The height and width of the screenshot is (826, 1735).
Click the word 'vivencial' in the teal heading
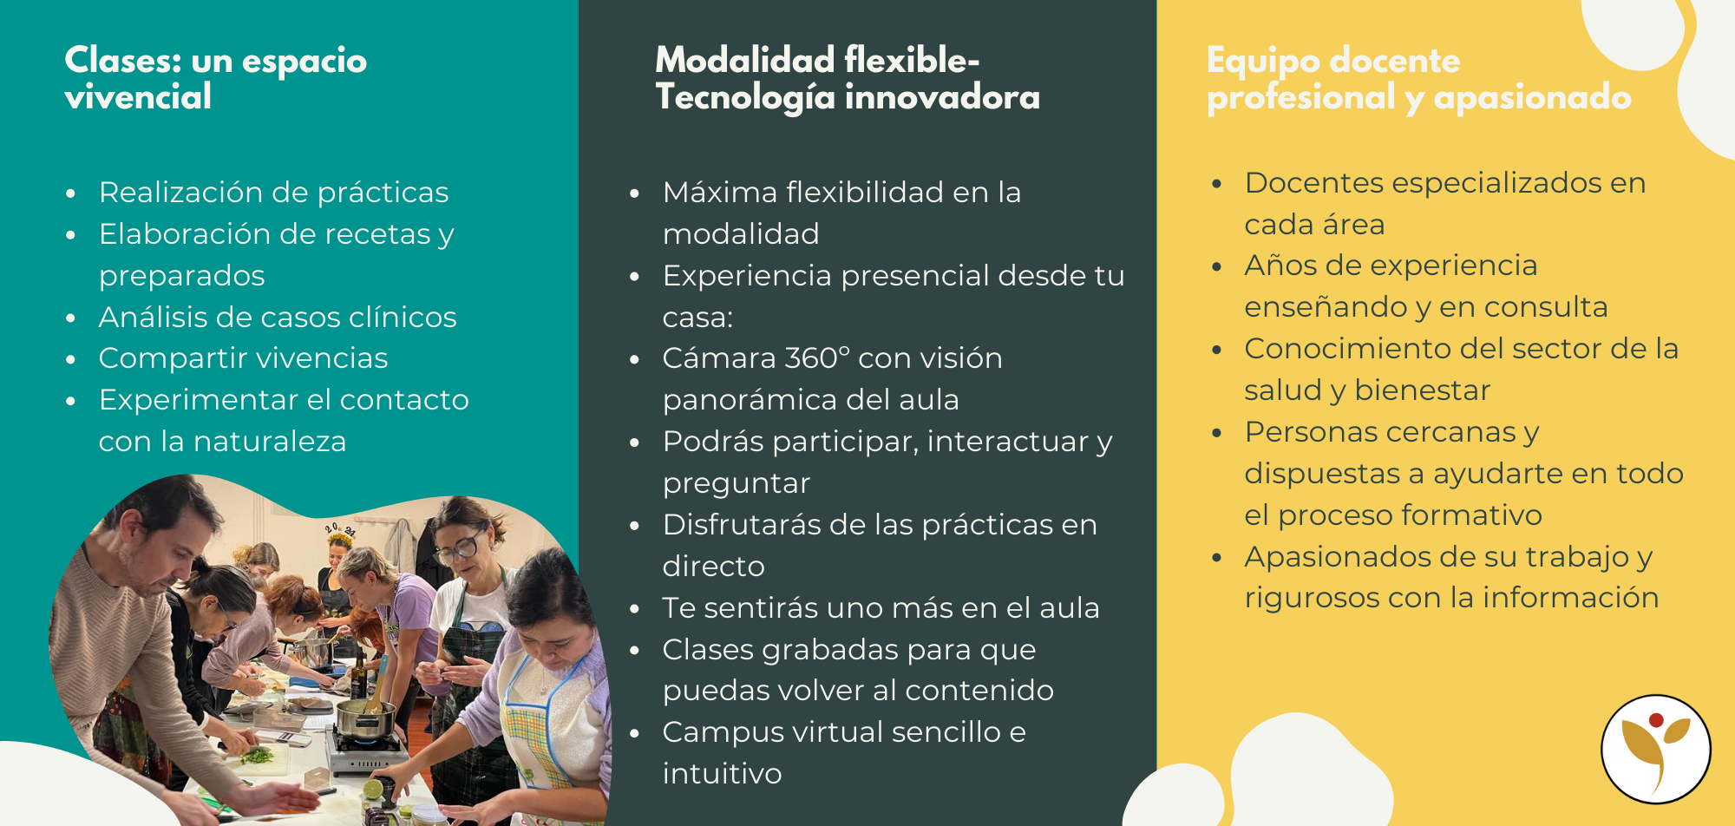pyautogui.click(x=138, y=97)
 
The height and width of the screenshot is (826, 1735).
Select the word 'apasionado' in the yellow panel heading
pyautogui.click(x=1532, y=97)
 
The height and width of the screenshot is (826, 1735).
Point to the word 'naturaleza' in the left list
pyautogui.click(x=270, y=441)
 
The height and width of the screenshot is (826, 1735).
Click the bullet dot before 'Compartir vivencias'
pyautogui.click(x=71, y=359)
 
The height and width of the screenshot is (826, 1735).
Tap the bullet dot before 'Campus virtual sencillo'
pyautogui.click(x=635, y=733)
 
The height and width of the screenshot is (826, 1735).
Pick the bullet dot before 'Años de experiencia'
pyautogui.click(x=1217, y=266)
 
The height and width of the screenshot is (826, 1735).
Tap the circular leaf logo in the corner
pyautogui.click(x=1655, y=749)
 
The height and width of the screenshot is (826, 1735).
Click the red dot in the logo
pyautogui.click(x=1656, y=720)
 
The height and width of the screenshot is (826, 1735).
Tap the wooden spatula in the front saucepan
pyautogui.click(x=379, y=685)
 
